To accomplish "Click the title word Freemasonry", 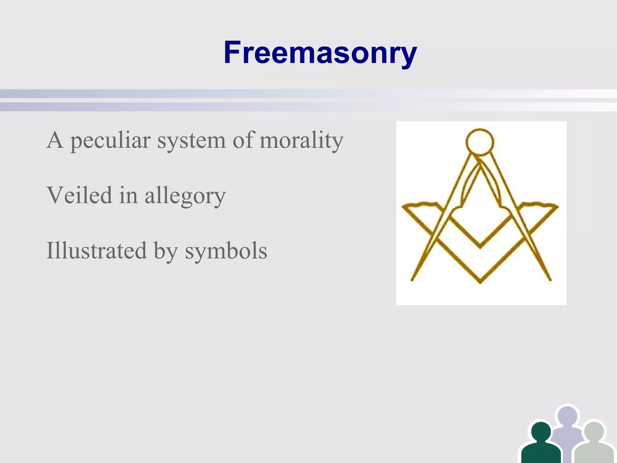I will [x=320, y=52].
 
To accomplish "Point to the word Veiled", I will [x=79, y=195].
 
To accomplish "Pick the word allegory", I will [x=185, y=196].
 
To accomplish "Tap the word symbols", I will [x=226, y=251].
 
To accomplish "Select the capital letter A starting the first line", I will [x=55, y=140].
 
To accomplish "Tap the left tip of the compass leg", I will [x=412, y=280].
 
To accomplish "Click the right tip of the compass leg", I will [x=550, y=280].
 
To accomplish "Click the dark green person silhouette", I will [x=541, y=443].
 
